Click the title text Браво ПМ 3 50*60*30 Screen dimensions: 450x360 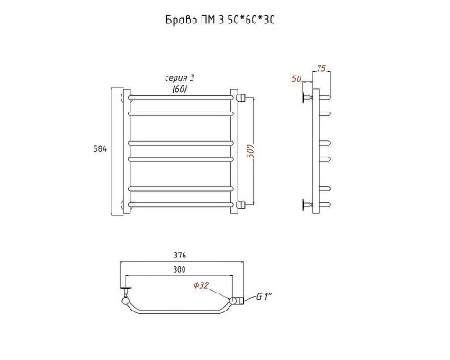click(220, 20)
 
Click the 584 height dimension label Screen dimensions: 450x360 click(100, 148)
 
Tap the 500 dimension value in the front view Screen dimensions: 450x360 click(251, 151)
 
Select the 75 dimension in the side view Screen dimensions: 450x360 click(320, 68)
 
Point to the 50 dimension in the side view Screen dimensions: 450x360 click(296, 78)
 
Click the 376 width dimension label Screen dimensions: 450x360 click(180, 256)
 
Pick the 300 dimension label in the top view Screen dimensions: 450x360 click(179, 269)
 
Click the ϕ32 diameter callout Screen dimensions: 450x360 click(201, 285)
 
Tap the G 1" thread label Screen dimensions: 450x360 click(264, 297)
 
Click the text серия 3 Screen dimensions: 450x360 click(180, 78)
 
